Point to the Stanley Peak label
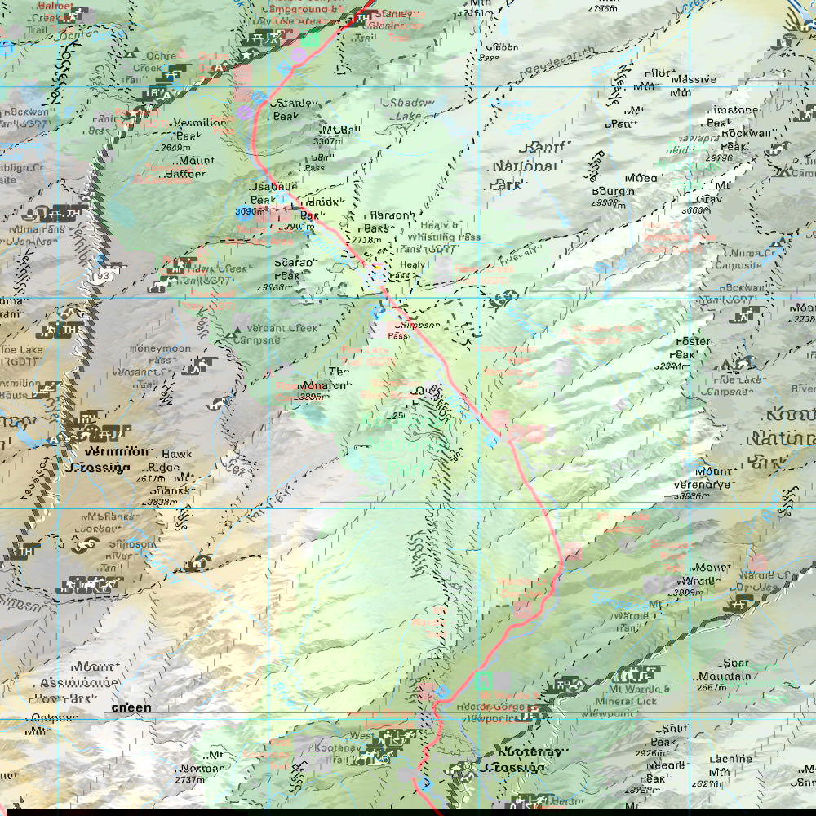click(297, 109)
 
